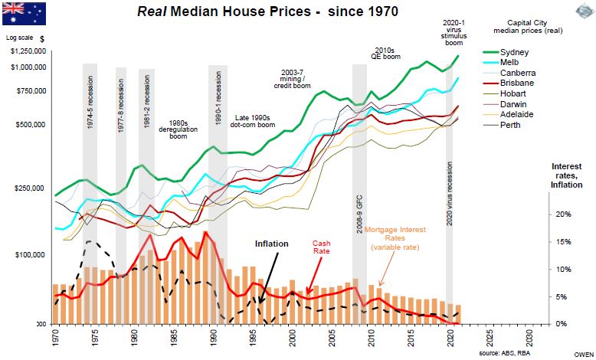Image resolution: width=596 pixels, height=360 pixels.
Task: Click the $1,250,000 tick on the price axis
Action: (28, 51)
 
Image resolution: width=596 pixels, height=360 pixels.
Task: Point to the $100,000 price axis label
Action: (31, 254)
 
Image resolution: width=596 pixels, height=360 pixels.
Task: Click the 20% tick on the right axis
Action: (563, 214)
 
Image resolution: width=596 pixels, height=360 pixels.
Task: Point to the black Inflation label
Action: (271, 244)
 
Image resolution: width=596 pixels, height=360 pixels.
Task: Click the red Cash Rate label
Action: (321, 247)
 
